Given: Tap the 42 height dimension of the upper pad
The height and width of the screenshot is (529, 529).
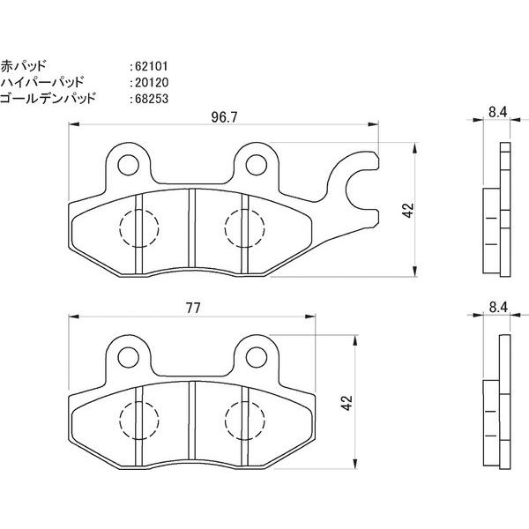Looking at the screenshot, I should pos(407,211).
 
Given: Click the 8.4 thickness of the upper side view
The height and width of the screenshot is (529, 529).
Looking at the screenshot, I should pos(496,113).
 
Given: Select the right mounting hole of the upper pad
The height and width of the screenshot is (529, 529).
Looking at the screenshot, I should pos(256,163).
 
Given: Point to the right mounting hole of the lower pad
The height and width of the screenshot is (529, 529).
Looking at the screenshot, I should pos(256,354).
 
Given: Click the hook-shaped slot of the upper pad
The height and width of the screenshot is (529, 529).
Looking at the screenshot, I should pos(356,186).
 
